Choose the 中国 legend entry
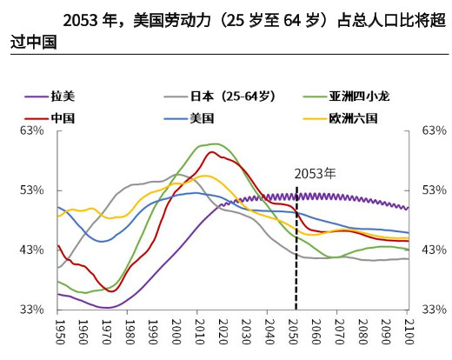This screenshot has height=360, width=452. (x=63, y=117)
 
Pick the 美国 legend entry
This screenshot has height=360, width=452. (x=202, y=117)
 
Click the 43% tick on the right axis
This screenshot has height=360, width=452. (x=432, y=250)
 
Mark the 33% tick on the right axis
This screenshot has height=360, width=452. (x=432, y=310)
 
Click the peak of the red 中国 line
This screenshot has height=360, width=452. (x=211, y=152)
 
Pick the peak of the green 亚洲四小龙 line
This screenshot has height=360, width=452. (x=214, y=143)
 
